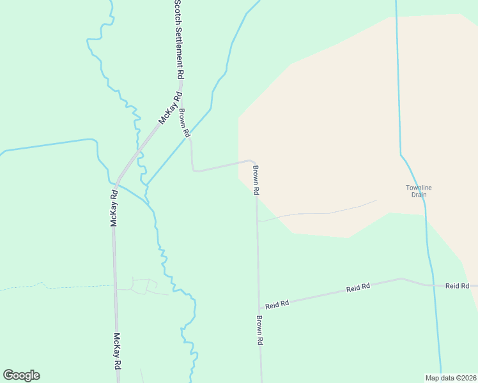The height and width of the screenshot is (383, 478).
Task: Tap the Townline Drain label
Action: pyautogui.click(x=419, y=191)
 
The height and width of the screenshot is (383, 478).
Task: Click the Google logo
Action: pyautogui.click(x=21, y=375)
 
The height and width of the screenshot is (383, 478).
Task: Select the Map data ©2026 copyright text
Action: pyautogui.click(x=451, y=378)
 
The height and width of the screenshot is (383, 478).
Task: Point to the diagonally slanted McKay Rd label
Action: pyautogui.click(x=167, y=110)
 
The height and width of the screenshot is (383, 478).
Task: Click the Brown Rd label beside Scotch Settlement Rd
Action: pyautogui.click(x=185, y=124)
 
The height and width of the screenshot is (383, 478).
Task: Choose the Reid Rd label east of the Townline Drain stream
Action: pyautogui.click(x=457, y=285)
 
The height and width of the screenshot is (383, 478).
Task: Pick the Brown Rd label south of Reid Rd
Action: pyautogui.click(x=260, y=331)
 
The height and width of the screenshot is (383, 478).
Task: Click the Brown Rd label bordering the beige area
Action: pyautogui.click(x=256, y=180)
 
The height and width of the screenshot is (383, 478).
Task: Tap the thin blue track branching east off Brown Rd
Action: pyautogui.click(x=320, y=212)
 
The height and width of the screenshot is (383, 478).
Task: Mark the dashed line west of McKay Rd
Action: pyautogui.click(x=58, y=287)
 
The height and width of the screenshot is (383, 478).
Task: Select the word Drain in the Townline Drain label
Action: pyautogui.click(x=419, y=195)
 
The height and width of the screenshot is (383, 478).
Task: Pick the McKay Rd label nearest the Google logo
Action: pyautogui.click(x=117, y=351)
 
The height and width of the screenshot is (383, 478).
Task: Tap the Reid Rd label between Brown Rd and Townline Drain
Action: pyautogui.click(x=358, y=289)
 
